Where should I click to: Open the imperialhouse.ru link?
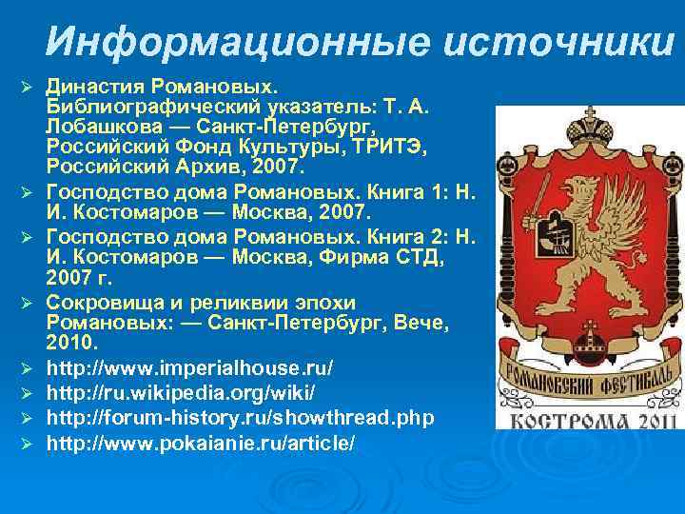tap(190, 366)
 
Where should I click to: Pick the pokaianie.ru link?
tap(201, 443)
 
